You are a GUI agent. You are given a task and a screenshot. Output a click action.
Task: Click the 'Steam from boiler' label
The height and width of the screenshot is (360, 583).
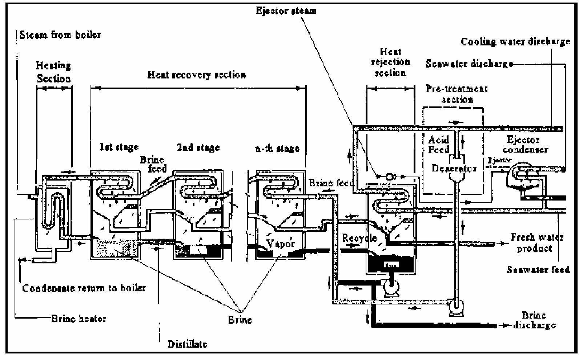[60, 35]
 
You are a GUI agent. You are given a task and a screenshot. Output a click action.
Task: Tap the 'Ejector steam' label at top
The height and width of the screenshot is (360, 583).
[286, 11]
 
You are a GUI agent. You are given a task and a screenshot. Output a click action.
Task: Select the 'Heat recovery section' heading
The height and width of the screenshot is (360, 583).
[197, 75]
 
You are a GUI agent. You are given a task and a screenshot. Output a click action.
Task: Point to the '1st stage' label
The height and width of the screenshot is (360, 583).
[119, 147]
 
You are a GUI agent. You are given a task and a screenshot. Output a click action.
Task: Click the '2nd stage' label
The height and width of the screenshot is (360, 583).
[198, 147]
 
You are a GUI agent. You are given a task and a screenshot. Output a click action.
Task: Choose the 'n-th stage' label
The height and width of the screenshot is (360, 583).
[277, 148]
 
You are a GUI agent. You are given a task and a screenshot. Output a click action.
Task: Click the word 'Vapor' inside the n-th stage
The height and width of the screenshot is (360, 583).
[280, 243]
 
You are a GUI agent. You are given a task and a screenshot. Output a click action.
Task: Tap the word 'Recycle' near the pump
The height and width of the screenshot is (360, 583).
[359, 238]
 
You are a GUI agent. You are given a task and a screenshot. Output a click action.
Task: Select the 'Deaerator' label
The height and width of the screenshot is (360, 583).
[454, 169]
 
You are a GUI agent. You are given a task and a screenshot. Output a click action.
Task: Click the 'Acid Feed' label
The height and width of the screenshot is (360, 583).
[439, 145]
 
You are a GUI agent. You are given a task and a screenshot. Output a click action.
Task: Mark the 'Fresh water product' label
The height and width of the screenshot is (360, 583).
[537, 243]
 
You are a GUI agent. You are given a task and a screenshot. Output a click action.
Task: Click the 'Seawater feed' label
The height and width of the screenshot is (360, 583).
[538, 270]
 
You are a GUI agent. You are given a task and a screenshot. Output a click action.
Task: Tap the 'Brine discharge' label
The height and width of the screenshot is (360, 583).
[534, 320]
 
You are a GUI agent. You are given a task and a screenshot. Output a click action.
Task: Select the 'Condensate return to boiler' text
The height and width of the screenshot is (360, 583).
[84, 288]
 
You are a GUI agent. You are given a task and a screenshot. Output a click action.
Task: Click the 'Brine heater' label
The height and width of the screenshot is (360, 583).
[79, 319]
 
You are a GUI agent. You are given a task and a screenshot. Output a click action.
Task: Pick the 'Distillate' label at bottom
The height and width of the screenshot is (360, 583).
[188, 344]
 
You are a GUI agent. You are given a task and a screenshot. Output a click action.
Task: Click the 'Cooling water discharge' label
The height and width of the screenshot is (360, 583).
[515, 42]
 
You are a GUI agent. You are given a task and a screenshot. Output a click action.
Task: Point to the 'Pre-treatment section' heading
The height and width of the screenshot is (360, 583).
[457, 94]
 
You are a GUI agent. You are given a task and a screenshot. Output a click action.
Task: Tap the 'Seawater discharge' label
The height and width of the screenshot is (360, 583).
[469, 64]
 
